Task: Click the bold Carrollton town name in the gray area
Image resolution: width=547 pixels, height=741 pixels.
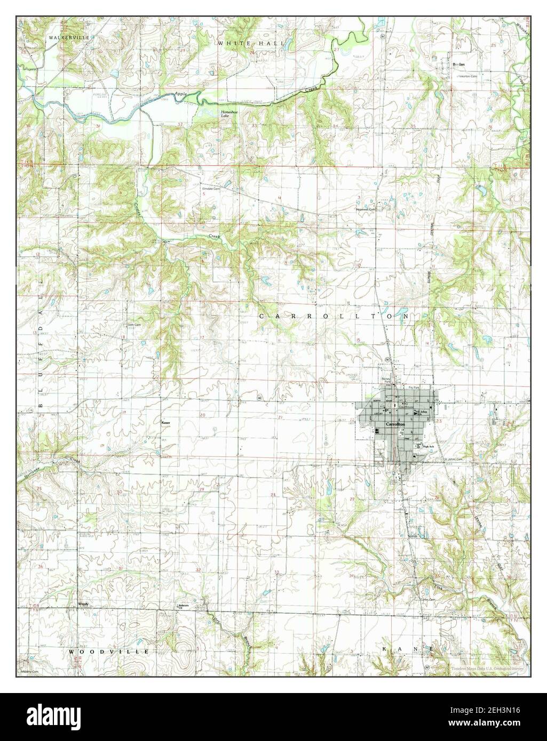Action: point(395,423)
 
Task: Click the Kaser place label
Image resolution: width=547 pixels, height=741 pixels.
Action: point(165,422)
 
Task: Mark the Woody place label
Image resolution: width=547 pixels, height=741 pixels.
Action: point(83,604)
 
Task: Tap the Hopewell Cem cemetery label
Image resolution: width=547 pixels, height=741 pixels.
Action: point(366,210)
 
